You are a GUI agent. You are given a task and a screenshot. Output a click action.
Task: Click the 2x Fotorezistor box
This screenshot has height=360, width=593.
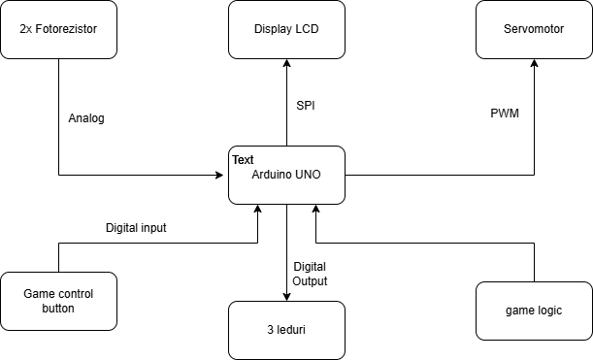coord(58,29)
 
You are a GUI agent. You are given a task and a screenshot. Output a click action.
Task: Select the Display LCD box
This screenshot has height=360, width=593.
coord(286,29)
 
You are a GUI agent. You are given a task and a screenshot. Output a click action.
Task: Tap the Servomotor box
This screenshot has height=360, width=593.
coord(534,29)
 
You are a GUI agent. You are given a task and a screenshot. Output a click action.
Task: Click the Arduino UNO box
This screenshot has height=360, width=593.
coord(286,175)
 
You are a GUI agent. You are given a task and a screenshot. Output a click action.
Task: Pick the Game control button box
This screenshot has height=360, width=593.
coord(58,301)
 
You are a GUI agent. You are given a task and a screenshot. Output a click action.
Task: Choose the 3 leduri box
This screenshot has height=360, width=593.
coord(286,330)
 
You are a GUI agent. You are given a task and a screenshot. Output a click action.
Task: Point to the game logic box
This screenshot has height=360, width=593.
coord(534,311)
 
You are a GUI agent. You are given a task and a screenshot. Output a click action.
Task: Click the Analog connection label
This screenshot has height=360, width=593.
coord(86,118)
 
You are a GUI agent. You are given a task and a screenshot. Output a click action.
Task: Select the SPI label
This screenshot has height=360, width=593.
coord(306,104)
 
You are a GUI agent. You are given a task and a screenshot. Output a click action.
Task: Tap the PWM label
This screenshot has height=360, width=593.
coord(505,114)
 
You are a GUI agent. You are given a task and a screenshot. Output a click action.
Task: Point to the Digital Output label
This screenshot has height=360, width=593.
coord(310,274)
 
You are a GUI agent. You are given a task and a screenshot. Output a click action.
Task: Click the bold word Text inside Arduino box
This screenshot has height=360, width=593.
coord(243,158)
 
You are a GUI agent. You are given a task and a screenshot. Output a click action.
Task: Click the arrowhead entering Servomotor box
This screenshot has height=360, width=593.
coord(534,64)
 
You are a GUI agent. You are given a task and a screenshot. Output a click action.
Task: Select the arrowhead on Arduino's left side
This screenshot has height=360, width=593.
coord(222,175)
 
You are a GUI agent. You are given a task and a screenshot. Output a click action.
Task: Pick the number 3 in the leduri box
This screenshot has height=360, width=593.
coord(268,330)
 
